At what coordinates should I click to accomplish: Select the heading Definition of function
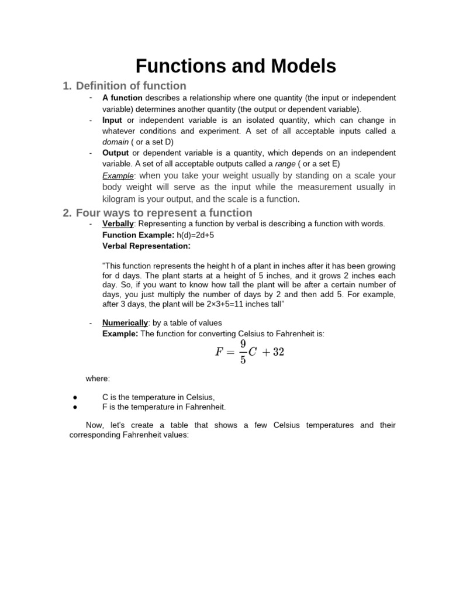[131, 86]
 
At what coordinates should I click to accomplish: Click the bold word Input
[112, 120]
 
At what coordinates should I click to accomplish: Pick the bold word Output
[115, 153]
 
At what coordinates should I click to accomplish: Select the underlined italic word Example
[118, 175]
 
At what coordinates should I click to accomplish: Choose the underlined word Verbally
[118, 224]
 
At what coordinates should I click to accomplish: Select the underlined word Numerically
[125, 322]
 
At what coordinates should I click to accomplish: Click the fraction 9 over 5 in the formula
[243, 352]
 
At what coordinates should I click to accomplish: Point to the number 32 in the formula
[278, 352]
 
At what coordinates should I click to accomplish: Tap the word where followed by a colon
[98, 378]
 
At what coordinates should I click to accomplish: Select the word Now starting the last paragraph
[95, 425]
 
